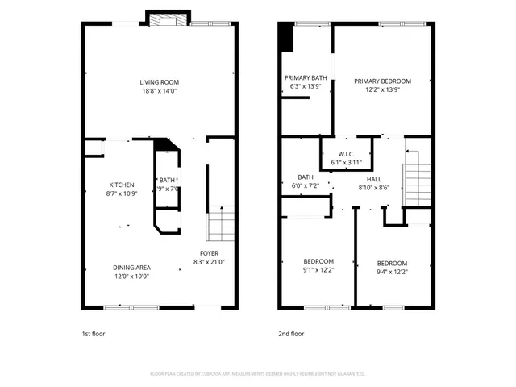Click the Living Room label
point(159,82)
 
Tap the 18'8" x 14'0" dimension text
point(159,91)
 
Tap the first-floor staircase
point(221,223)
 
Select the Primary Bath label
point(304,78)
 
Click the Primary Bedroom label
point(383,81)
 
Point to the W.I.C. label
point(347,154)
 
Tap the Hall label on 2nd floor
point(374,179)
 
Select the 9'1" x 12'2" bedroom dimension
point(318,271)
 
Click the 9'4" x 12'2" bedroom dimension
point(392,273)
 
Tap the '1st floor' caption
point(94,334)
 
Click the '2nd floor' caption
point(291,334)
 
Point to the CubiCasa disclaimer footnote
point(258,374)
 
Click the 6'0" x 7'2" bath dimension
point(305,186)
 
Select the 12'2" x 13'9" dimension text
point(383,90)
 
